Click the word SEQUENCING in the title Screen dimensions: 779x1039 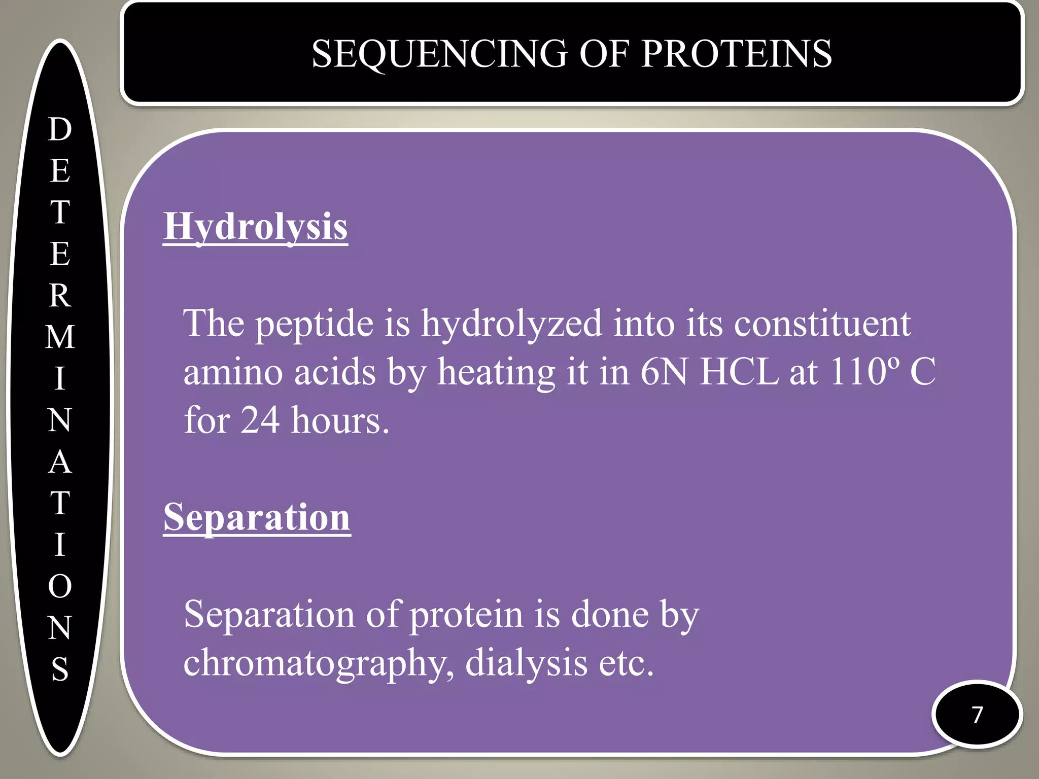click(x=439, y=54)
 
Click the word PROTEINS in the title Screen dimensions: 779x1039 click(x=736, y=54)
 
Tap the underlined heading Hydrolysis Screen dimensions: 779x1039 click(x=255, y=226)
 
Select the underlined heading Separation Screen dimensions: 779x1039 click(x=257, y=517)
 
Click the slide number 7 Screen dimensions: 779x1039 click(x=977, y=715)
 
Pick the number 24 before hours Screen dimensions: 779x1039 click(x=260, y=421)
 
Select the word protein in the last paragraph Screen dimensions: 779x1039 click(x=466, y=615)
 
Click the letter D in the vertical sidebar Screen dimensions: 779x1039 click(x=60, y=129)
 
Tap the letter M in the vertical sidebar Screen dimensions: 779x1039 click(x=60, y=337)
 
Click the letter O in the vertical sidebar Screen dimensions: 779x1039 click(x=60, y=587)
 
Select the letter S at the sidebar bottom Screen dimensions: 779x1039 click(x=60, y=669)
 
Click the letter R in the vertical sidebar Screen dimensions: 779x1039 click(x=60, y=296)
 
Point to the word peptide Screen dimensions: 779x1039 click(x=314, y=324)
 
